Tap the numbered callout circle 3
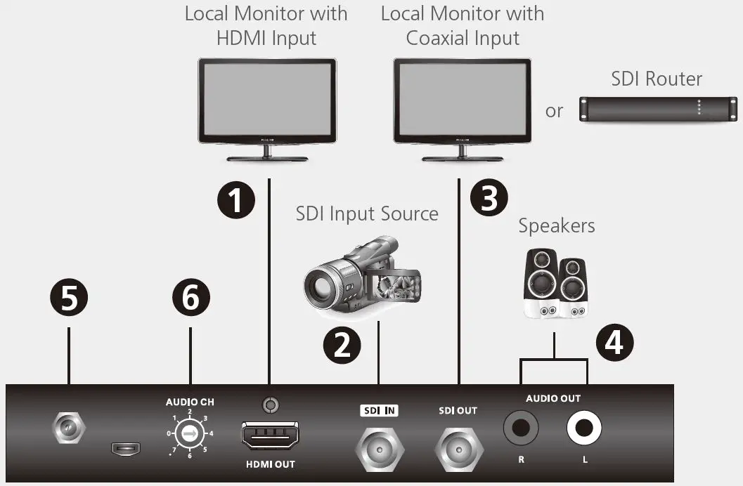(x=489, y=197)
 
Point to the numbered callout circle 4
(x=614, y=343)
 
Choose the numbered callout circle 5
(x=68, y=297)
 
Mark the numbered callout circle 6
(x=190, y=297)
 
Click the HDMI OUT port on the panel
(x=270, y=438)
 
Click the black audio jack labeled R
(x=521, y=427)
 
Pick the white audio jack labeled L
(x=584, y=427)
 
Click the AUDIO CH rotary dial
(x=190, y=434)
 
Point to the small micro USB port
(x=127, y=448)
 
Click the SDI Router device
(x=658, y=109)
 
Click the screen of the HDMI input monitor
(x=267, y=100)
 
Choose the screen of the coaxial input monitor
(x=462, y=100)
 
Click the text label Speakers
(x=556, y=226)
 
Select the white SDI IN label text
(x=379, y=411)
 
